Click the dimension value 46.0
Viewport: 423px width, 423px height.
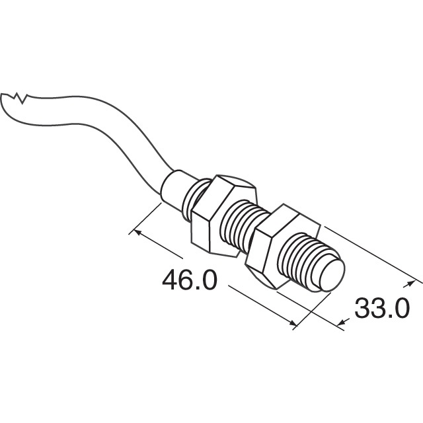[189, 280]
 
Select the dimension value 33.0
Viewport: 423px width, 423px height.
[382, 308]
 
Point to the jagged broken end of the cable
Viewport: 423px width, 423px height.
[16, 100]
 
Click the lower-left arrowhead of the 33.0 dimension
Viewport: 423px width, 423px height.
[342, 323]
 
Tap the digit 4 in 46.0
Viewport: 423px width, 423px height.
[170, 280]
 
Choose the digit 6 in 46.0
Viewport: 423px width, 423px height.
[188, 280]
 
